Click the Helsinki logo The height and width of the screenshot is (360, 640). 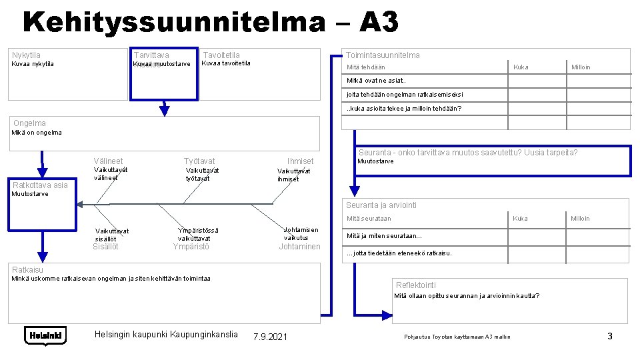45,335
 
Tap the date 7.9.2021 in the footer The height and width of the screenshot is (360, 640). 270,337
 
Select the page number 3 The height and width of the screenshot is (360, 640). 609,336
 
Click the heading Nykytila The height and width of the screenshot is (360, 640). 27,55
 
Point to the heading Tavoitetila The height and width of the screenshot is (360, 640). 221,55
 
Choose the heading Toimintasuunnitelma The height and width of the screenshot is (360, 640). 383,55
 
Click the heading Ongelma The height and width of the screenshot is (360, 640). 30,123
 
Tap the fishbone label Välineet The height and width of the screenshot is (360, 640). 108,161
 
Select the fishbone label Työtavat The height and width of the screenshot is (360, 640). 199,161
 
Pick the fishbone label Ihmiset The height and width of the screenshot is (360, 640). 300,161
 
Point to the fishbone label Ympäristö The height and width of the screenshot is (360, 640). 191,247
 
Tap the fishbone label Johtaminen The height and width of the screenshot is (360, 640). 299,247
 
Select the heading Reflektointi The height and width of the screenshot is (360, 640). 416,285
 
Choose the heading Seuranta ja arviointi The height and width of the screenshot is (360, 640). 381,205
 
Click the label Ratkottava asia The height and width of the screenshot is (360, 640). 41,185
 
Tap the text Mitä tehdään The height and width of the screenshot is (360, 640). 366,67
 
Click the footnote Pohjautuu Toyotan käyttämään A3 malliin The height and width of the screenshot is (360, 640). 457,337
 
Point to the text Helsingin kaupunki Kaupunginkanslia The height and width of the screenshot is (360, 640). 166,333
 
